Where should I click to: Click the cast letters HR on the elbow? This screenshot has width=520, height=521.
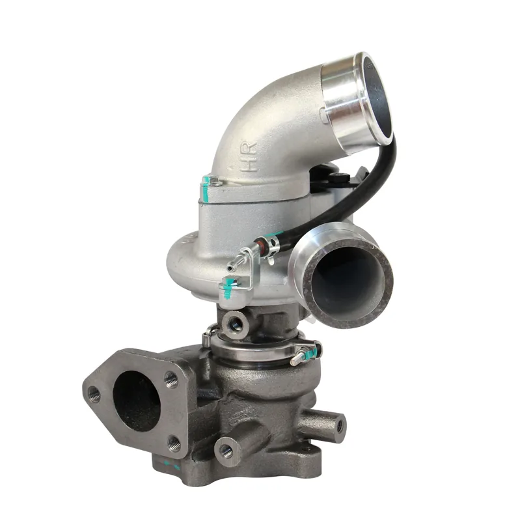pos(250,157)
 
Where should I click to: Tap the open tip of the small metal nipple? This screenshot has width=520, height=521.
pos(230,268)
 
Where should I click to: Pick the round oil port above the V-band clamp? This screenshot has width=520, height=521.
pos(235,324)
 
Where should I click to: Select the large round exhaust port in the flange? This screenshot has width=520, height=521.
pos(137,401)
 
